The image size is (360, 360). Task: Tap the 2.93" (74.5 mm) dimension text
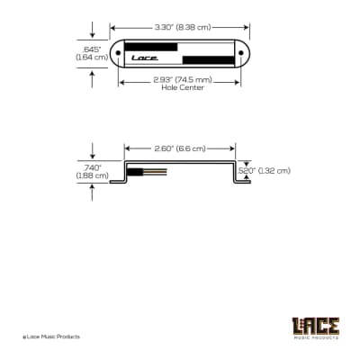pos(179,81)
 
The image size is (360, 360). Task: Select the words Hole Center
pos(180,89)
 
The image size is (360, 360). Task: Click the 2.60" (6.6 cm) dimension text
pos(179,148)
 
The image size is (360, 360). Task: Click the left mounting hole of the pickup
pos(118,54)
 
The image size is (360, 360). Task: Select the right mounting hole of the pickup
pos(241,54)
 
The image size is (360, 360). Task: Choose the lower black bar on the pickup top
pos(208,61)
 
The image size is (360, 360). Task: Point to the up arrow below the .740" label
pos(91,193)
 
